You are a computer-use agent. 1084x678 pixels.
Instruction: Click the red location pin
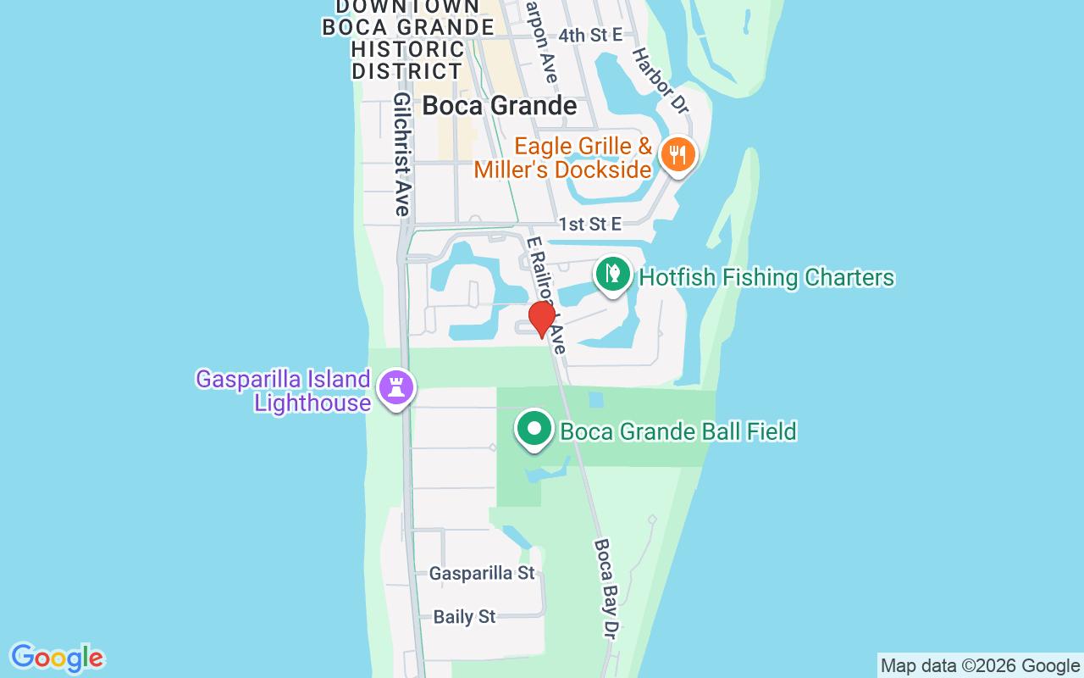(542, 319)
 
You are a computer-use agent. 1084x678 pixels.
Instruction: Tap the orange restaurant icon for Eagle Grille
(677, 155)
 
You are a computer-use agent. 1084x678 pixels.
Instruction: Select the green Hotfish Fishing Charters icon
(613, 274)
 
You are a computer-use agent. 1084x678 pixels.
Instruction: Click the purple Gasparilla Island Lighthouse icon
(395, 387)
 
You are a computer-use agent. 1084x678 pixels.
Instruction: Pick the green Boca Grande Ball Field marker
(534, 429)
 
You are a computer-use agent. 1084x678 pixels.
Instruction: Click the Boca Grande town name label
(500, 106)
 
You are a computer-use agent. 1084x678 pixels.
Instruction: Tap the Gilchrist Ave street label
(402, 153)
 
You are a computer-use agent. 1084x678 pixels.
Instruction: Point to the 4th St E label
(590, 35)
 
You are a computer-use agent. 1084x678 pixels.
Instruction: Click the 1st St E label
(589, 225)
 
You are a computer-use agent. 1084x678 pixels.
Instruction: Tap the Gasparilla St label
(482, 574)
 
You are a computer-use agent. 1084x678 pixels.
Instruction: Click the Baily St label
(464, 617)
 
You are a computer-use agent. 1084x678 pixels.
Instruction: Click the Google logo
(58, 658)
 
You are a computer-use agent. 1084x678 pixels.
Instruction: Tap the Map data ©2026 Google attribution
(980, 666)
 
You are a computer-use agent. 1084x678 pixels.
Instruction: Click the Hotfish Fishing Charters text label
(766, 278)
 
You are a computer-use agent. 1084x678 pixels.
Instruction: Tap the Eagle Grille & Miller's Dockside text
(563, 158)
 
